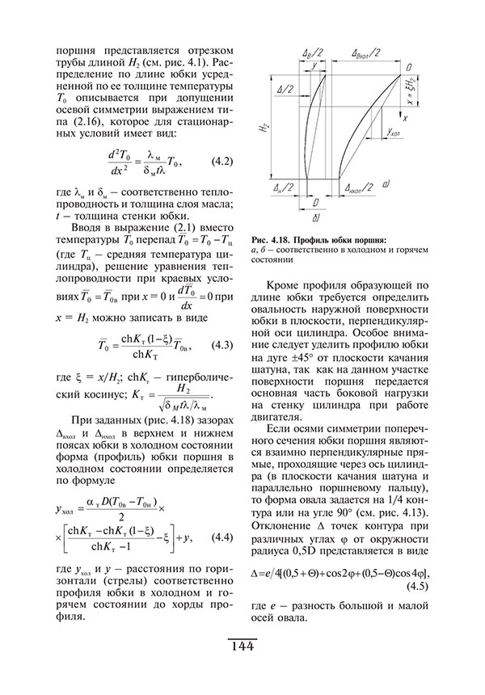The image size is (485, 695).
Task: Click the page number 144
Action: (242, 647)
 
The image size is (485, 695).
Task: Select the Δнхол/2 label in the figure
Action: (356, 187)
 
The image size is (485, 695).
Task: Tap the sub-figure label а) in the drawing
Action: (386, 185)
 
